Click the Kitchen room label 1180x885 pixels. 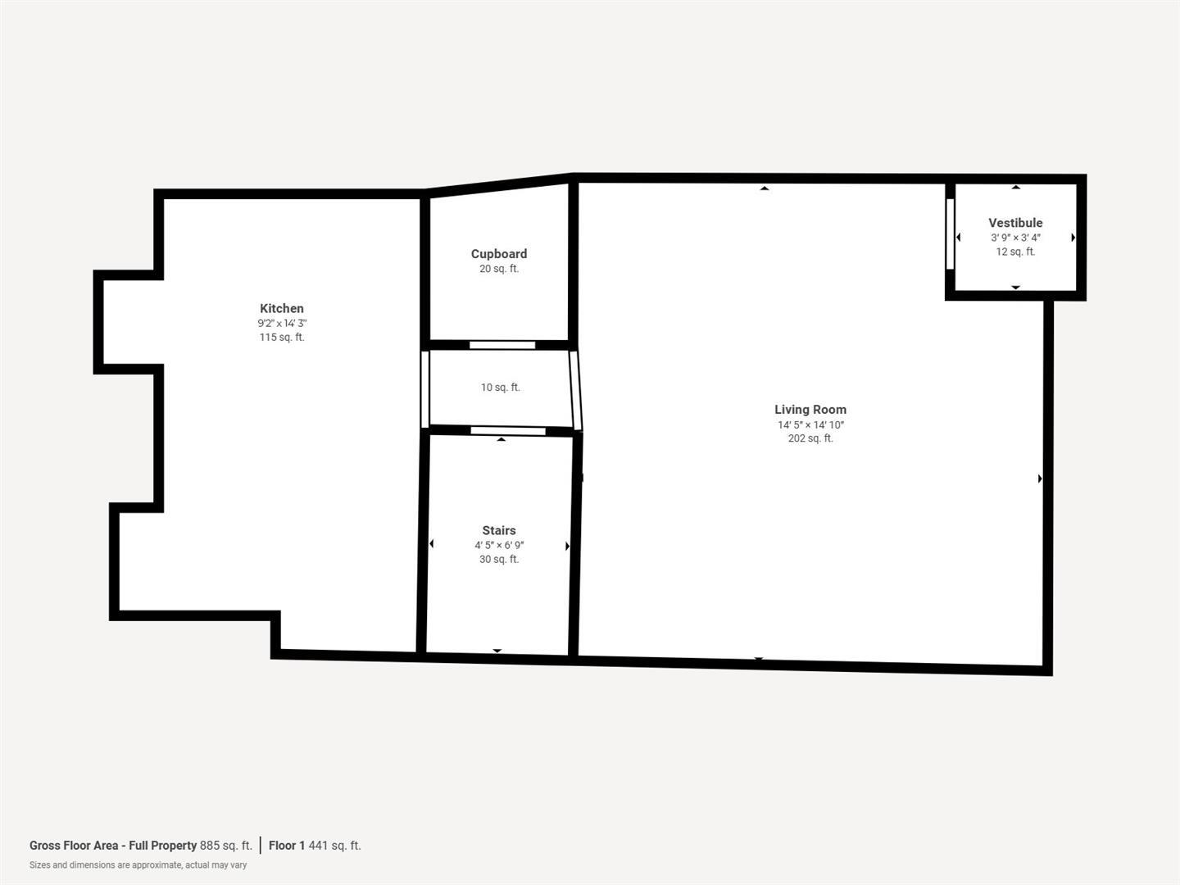point(282,308)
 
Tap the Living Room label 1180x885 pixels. point(810,409)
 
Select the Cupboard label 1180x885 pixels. point(498,254)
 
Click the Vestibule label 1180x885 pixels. point(1015,223)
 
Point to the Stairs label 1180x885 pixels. point(498,530)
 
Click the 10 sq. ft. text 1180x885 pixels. point(500,388)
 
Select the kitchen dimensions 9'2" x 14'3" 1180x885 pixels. point(282,324)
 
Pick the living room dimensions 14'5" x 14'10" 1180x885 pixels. point(810,424)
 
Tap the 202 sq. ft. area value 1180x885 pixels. point(810,438)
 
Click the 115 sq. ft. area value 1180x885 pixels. point(282,338)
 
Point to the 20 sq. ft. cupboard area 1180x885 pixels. point(498,269)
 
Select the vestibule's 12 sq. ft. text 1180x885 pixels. point(1015,252)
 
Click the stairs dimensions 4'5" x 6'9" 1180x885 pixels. point(498,545)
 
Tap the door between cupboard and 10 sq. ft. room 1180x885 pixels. point(502,345)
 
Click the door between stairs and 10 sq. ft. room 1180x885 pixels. point(507,431)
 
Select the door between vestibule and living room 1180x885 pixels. point(950,234)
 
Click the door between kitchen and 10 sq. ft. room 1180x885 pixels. point(424,388)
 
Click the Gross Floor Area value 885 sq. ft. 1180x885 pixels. point(226,846)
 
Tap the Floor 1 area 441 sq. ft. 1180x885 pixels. point(334,846)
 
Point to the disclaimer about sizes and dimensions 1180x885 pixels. point(138,865)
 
